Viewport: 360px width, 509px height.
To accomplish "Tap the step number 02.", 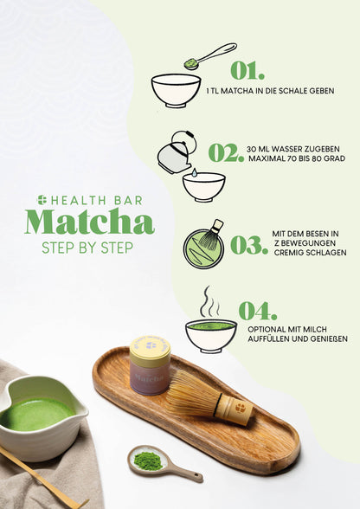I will pos(226,153).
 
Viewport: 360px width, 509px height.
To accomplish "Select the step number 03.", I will pos(248,245).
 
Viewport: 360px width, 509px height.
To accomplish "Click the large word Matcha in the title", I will pos(89,222).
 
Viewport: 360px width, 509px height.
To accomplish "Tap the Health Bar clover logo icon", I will pos(42,200).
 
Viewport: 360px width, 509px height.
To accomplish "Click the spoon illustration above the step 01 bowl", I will pos(210,55).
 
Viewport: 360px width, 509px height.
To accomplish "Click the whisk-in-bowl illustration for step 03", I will pos(204,244).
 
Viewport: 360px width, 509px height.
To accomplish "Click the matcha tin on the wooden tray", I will pos(150,366).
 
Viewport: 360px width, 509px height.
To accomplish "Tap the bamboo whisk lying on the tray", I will pos(208,398).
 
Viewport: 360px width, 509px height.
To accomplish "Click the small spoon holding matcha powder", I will pos(153,460).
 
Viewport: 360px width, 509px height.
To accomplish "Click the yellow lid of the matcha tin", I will pos(150,348).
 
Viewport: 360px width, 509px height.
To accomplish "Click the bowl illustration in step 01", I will pos(176,89).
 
